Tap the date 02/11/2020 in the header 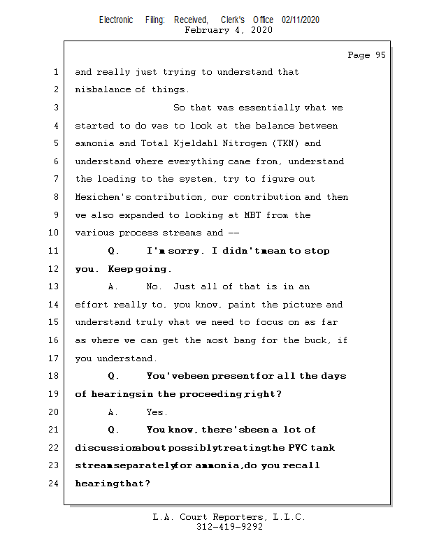(301, 20)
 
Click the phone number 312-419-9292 (229, 528)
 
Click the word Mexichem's (102, 197)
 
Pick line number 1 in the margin (55, 72)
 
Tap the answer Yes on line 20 (157, 412)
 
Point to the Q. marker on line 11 (115, 251)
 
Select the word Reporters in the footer (234, 518)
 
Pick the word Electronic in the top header (116, 20)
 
